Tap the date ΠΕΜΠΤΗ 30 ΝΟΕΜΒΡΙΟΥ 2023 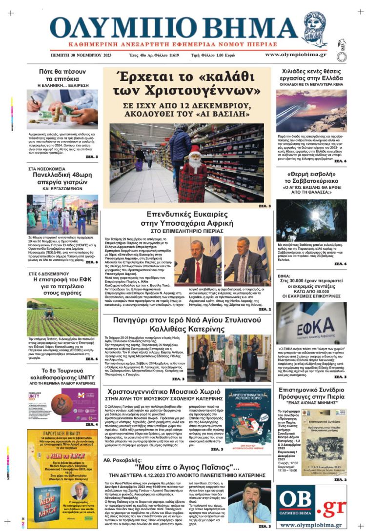coord(81,55)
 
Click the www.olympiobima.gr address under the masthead coord(295,55)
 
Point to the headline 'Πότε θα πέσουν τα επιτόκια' coord(62,75)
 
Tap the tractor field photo coord(62,316)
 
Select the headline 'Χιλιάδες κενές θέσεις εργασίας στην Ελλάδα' coord(312,75)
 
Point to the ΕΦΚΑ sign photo coord(312,324)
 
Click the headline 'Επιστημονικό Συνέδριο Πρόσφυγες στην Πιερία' coord(312,393)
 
